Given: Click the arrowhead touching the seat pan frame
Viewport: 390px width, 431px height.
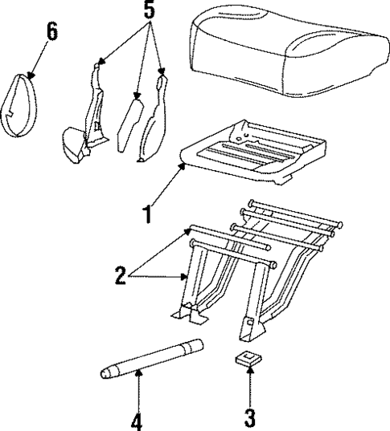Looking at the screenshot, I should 187,165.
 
